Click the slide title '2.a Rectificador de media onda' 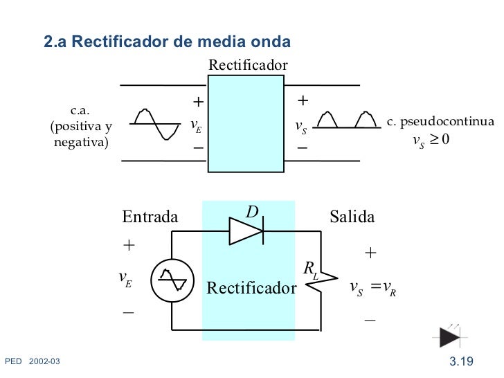168,42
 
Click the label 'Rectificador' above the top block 248,65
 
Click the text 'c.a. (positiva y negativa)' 82,127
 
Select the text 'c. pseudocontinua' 440,122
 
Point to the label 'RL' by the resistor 309,269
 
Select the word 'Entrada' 150,217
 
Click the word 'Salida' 352,217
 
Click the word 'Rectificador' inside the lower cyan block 251,288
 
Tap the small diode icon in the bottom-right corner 449,336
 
